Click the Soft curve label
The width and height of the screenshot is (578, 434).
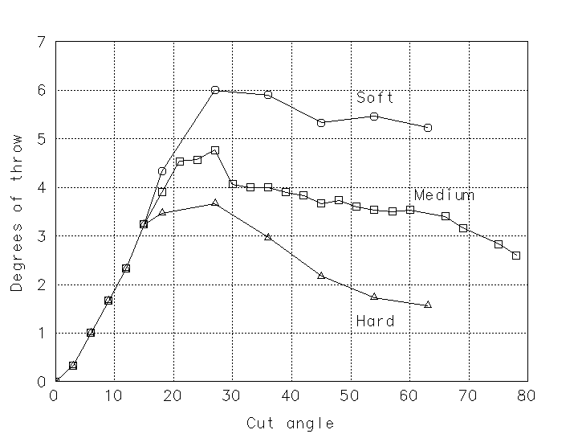375,98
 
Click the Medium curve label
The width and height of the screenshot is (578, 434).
444,195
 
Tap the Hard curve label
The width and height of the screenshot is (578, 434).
375,321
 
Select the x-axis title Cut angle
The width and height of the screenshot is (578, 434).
290,423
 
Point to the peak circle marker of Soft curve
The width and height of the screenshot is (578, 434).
215,91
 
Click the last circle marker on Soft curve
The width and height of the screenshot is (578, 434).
428,128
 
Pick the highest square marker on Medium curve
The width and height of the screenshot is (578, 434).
215,150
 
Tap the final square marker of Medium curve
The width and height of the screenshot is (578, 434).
516,256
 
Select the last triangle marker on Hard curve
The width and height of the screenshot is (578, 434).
428,305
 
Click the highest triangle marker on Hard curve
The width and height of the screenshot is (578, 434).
215,203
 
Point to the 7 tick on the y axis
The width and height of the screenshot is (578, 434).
41,42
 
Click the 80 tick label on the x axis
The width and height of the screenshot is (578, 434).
527,395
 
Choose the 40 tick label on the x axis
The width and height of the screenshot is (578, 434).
291,395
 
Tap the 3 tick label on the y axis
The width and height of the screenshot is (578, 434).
41,236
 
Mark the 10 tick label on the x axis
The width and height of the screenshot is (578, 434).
113,395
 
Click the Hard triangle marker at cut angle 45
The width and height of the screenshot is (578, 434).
321,276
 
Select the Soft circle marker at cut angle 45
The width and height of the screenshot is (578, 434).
321,123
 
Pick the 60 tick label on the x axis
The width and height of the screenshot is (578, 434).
409,395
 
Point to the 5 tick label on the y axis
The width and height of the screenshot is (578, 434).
41,139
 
